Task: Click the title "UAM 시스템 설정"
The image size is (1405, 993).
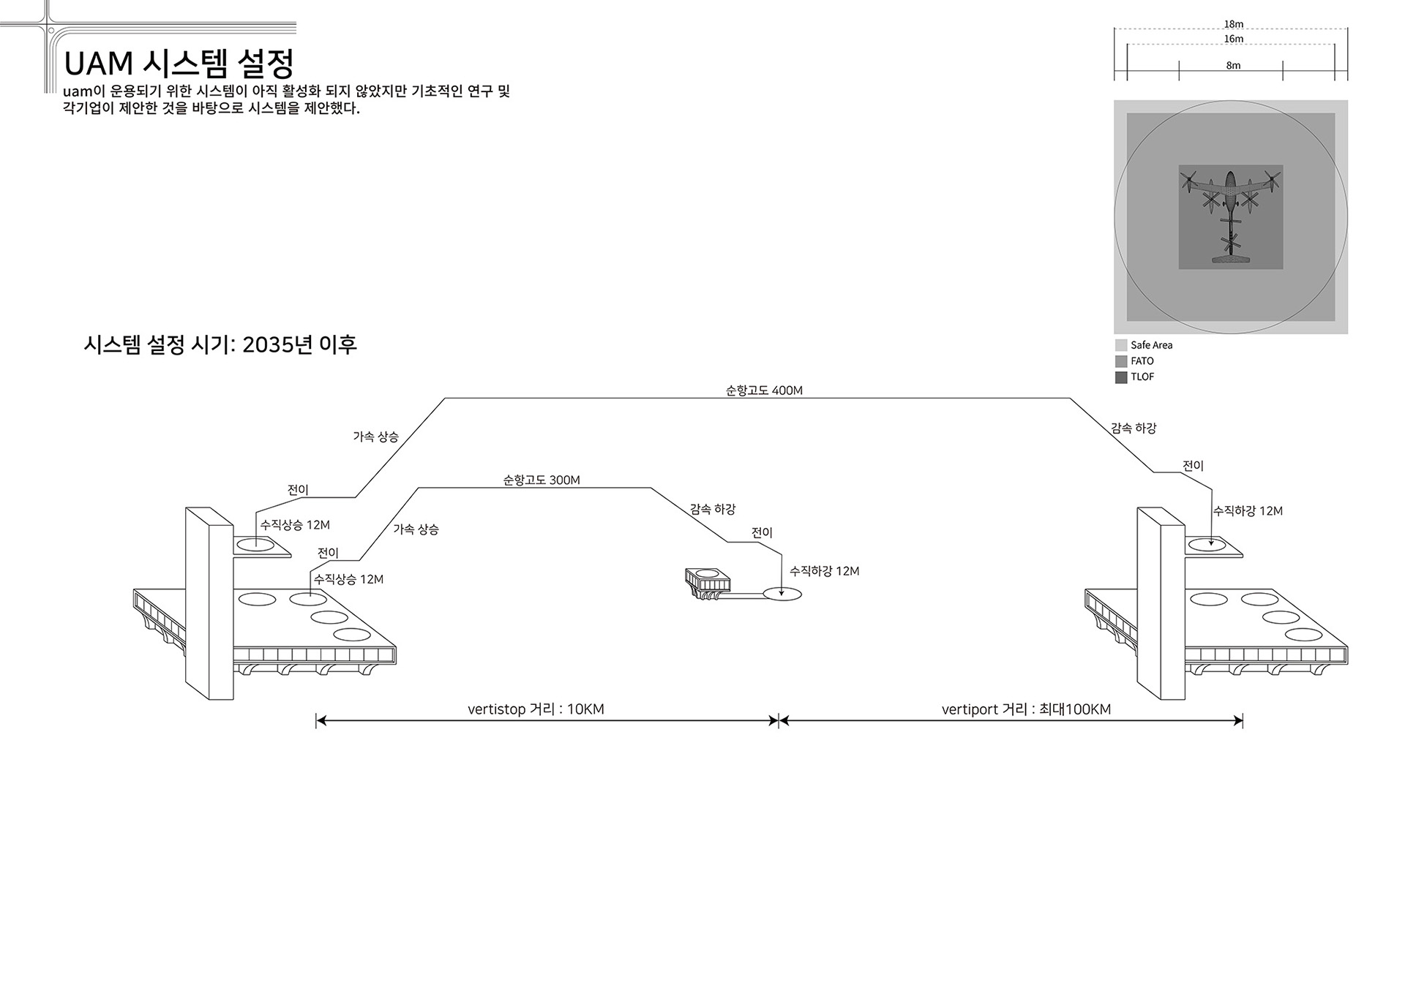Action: pyautogui.click(x=179, y=64)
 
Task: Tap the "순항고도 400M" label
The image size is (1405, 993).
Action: pyautogui.click(x=764, y=390)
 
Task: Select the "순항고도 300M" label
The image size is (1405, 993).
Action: pyautogui.click(x=542, y=480)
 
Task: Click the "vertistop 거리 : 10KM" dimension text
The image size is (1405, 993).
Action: pyautogui.click(x=536, y=709)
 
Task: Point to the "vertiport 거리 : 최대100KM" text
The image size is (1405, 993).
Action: pyautogui.click(x=1026, y=709)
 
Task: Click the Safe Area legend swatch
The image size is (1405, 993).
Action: pyautogui.click(x=1121, y=345)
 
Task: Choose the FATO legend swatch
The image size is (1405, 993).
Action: pyautogui.click(x=1121, y=361)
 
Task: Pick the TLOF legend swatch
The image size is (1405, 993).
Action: pyautogui.click(x=1121, y=377)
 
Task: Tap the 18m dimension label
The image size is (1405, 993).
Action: pyautogui.click(x=1234, y=24)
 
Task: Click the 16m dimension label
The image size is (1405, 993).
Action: pyautogui.click(x=1234, y=39)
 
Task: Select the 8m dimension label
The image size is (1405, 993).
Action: pyautogui.click(x=1234, y=65)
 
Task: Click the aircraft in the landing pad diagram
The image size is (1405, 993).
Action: pyautogui.click(x=1231, y=216)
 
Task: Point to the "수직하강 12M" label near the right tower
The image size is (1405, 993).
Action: pyautogui.click(x=1248, y=511)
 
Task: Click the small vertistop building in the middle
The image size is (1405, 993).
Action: pyautogui.click(x=708, y=583)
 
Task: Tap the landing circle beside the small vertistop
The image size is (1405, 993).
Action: pyautogui.click(x=782, y=594)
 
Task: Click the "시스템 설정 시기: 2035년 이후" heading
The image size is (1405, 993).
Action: pyautogui.click(x=220, y=344)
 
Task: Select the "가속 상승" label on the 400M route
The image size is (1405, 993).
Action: pyautogui.click(x=376, y=437)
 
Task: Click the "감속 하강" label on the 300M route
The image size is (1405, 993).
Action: pyautogui.click(x=713, y=509)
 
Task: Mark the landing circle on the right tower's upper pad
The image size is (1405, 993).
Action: pyautogui.click(x=1207, y=544)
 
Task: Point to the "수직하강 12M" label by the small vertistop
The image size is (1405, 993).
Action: pyautogui.click(x=825, y=571)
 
